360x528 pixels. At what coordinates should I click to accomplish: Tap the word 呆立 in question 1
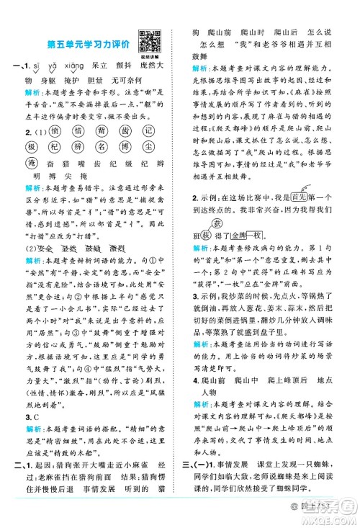(x=107, y=66)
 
